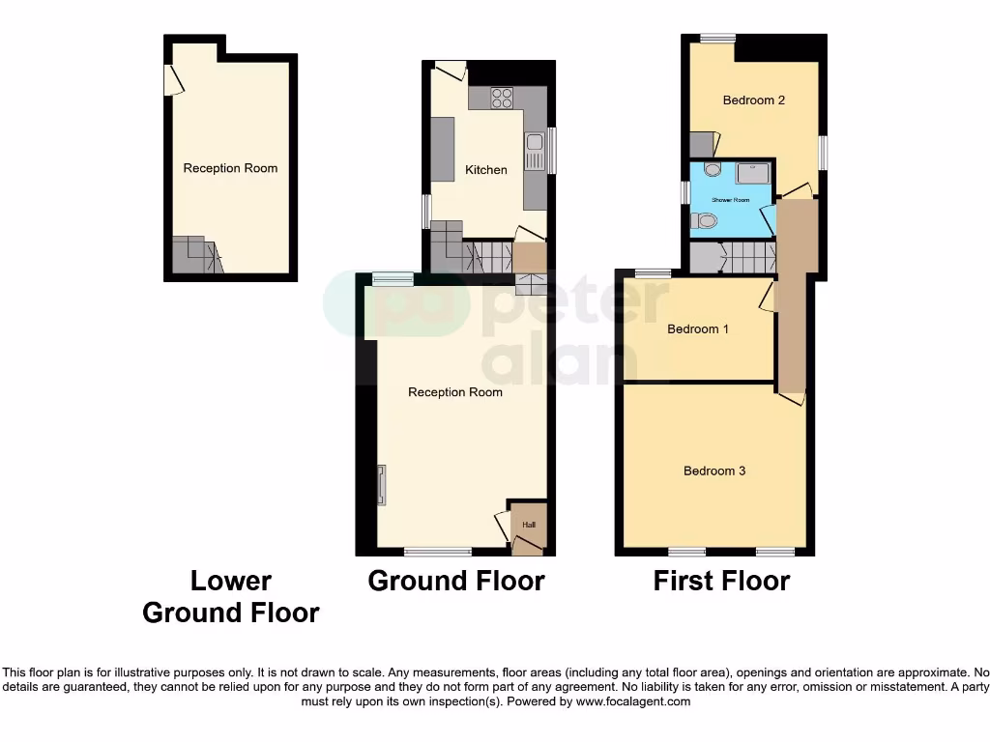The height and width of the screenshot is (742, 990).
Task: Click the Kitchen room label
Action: [x=485, y=170]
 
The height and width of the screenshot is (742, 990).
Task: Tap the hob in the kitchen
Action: [x=502, y=98]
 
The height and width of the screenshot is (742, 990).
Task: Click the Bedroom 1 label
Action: [x=698, y=329]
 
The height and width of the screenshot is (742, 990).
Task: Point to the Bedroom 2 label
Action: [x=753, y=100]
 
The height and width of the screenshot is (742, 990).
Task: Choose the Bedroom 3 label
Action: [x=714, y=471]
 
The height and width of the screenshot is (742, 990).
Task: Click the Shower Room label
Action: [x=731, y=200]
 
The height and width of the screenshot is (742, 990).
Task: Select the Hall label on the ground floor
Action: [x=529, y=525]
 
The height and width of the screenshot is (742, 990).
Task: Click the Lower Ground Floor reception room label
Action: [x=230, y=168]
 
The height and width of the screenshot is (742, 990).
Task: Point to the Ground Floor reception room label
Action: [x=455, y=392]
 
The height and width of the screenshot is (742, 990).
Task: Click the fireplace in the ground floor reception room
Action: [x=382, y=484]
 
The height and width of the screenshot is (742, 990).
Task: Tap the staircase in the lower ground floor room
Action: [x=197, y=256]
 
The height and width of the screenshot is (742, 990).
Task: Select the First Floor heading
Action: [x=721, y=582]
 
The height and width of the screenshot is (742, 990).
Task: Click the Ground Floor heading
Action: [x=456, y=582]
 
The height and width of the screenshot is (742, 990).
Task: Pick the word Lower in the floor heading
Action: [x=231, y=582]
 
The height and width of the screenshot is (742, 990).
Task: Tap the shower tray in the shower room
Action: [x=753, y=173]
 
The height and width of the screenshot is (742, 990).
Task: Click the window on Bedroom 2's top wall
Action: [x=717, y=39]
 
